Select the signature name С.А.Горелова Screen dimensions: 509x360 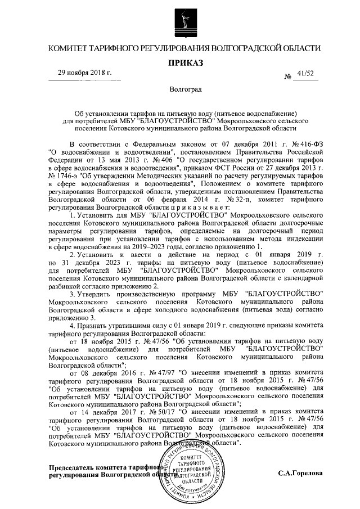coord(300,474)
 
